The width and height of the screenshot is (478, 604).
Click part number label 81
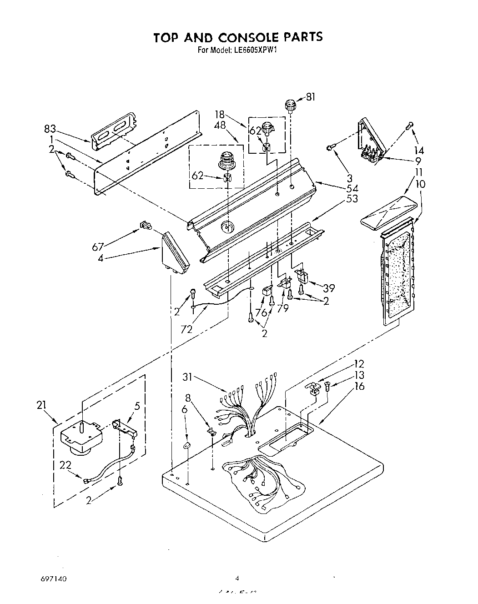pos(310,96)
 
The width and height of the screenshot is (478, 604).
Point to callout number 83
pos(50,129)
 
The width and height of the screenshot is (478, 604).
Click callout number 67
pos(98,247)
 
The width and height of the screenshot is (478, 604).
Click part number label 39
pos(328,288)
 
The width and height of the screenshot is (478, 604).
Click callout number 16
pos(359,386)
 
